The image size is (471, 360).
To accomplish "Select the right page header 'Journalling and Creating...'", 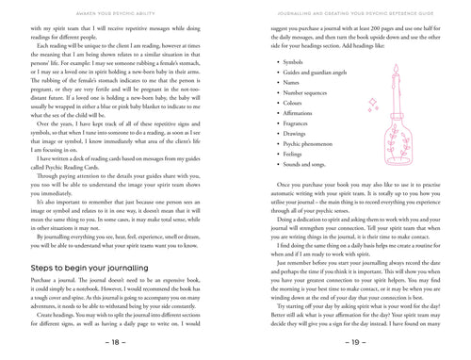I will pos(352,10).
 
